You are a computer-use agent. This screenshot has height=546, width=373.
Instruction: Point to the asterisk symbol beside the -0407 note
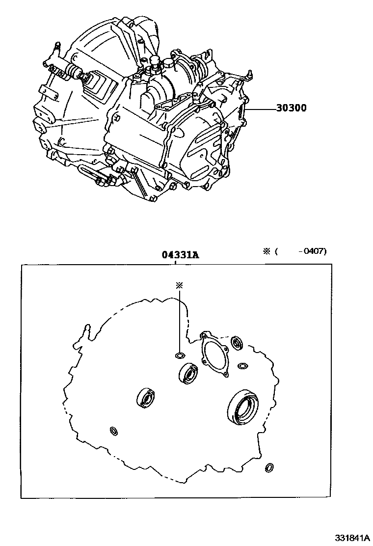coord(267,251)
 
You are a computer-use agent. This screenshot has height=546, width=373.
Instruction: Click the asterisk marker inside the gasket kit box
coord(180,284)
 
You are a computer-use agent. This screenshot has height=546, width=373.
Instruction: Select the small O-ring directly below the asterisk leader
coord(180,355)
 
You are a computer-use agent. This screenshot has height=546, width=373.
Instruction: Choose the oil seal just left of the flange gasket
coord(188,373)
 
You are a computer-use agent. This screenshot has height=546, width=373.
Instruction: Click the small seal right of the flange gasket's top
coord(238,342)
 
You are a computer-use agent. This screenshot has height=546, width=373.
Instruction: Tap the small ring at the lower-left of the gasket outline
coord(113,431)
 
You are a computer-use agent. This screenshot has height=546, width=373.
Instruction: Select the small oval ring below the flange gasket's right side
coord(242,366)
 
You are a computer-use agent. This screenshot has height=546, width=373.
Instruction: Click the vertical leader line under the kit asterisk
coord(180,319)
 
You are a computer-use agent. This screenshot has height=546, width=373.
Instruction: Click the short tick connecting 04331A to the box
coord(175,262)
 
